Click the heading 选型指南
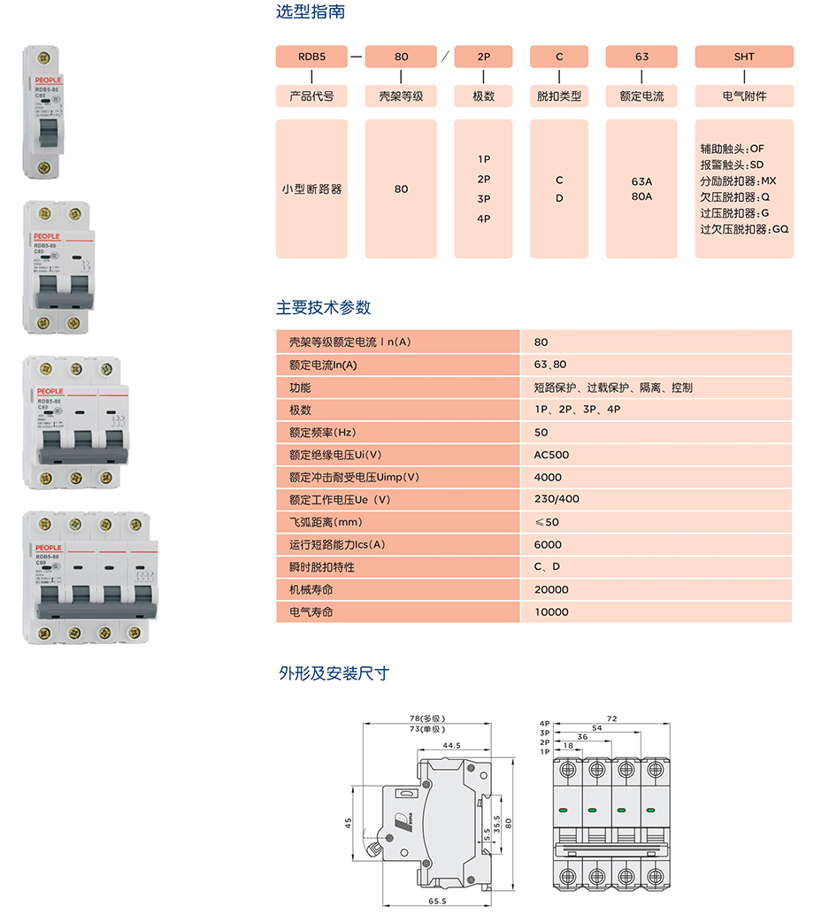tap(311, 12)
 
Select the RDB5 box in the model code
tap(311, 57)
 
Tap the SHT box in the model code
tap(744, 57)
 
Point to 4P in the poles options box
tap(484, 219)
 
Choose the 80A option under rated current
tap(641, 196)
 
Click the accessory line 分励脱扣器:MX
tap(737, 180)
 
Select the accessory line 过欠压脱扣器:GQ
tap(744, 229)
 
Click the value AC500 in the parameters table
tap(552, 455)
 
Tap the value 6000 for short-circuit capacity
tap(548, 545)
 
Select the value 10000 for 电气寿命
tap(551, 612)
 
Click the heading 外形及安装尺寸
tap(334, 673)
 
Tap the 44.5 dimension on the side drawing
tap(452, 746)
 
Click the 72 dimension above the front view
tap(611, 718)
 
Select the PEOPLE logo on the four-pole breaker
tap(48, 548)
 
